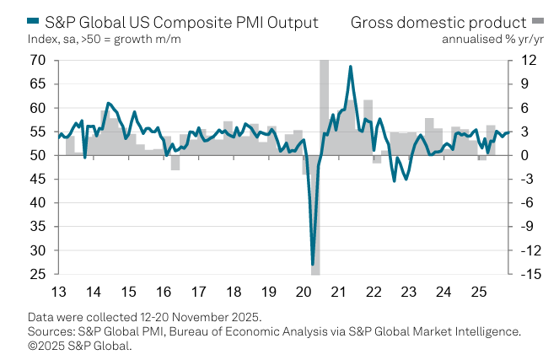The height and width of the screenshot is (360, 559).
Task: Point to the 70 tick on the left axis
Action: (37, 60)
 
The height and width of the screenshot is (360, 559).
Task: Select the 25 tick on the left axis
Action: (37, 275)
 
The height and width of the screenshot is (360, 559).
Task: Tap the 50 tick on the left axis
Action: (37, 155)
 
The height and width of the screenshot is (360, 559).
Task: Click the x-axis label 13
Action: (58, 293)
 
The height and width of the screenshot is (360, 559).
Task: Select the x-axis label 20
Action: (304, 293)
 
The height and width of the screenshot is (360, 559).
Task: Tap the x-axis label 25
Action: (478, 293)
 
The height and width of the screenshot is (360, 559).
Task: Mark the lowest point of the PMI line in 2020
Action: (313, 265)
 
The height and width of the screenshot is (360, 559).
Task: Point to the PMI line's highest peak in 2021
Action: (350, 67)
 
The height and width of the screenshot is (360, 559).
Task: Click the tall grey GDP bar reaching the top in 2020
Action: (325, 105)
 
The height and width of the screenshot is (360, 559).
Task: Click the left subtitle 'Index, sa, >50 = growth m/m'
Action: (104, 39)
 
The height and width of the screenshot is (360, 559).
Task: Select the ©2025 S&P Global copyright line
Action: (80, 344)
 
